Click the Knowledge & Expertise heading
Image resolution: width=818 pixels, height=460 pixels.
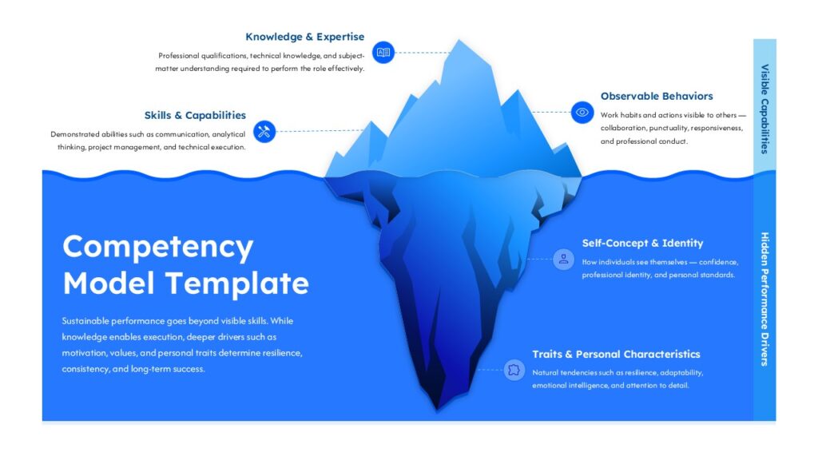tap(304, 37)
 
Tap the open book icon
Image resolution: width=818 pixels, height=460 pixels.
tap(383, 52)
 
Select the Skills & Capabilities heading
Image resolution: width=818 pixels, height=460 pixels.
tap(195, 115)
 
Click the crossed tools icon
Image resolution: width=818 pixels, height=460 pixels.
tap(264, 131)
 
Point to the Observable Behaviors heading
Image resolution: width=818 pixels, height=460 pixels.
tap(657, 96)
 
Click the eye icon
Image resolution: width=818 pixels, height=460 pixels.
tap(582, 112)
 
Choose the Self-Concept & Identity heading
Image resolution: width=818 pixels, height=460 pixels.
tap(642, 243)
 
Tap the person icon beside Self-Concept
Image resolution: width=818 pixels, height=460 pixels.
tap(563, 260)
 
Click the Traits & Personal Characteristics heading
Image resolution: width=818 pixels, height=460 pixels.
tap(616, 354)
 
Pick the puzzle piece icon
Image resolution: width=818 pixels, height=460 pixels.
tap(514, 371)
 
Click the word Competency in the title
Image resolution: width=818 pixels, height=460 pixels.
tap(158, 248)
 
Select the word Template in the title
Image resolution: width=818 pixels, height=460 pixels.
tap(237, 284)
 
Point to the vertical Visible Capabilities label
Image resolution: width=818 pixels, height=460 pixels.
tap(764, 109)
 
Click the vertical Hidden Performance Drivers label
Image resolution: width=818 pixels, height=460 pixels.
tap(764, 299)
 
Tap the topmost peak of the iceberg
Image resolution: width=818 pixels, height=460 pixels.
tap(459, 40)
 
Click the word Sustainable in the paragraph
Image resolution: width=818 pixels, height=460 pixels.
tap(85, 321)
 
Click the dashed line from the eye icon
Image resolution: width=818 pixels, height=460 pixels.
tap(551, 112)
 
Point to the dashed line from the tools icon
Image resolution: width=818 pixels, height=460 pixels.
tap(320, 131)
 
